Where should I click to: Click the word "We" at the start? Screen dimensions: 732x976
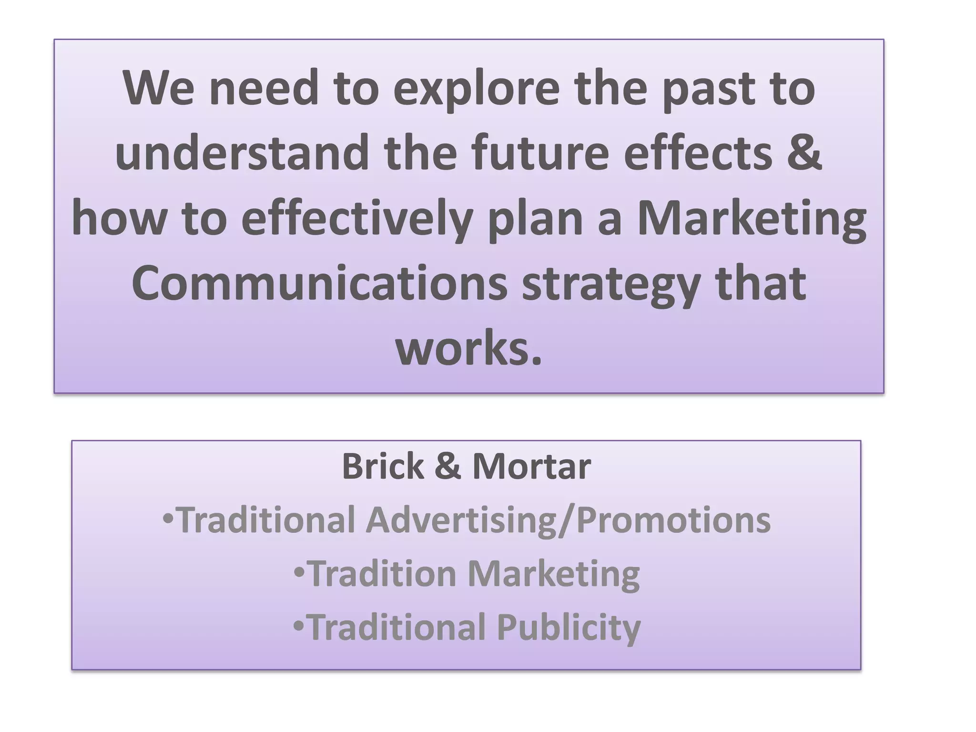tap(159, 89)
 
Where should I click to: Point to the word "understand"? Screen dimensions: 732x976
tap(242, 152)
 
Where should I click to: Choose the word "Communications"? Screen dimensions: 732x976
tap(319, 284)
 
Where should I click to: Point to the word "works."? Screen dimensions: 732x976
tap(469, 350)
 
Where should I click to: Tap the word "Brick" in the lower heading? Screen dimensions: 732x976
tap(383, 467)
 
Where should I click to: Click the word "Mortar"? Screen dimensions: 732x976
tap(531, 467)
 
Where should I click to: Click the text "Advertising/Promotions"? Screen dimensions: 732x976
tap(568, 520)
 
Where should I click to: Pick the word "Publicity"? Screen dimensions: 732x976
tap(569, 628)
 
